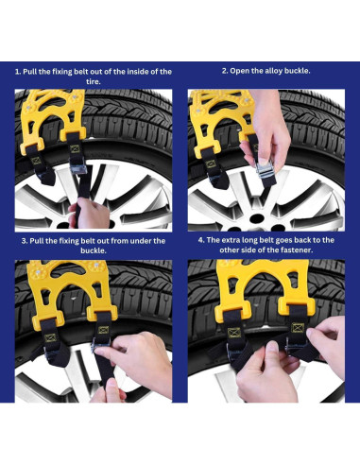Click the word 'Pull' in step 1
(28, 72)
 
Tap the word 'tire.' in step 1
(94, 81)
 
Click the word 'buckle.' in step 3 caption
(94, 250)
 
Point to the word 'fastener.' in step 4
(298, 250)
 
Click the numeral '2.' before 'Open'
(225, 71)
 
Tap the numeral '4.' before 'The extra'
(201, 240)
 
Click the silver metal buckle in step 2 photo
(266, 169)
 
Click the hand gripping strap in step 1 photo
(89, 214)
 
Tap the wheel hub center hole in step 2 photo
(257, 218)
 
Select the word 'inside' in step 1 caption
(138, 72)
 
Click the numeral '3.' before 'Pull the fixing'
(25, 241)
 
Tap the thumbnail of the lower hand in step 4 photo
(272, 347)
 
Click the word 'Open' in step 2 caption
(238, 71)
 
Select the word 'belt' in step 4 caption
(266, 240)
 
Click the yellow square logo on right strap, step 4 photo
(298, 328)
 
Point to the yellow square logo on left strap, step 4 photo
(234, 333)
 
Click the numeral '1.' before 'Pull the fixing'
(18, 72)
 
